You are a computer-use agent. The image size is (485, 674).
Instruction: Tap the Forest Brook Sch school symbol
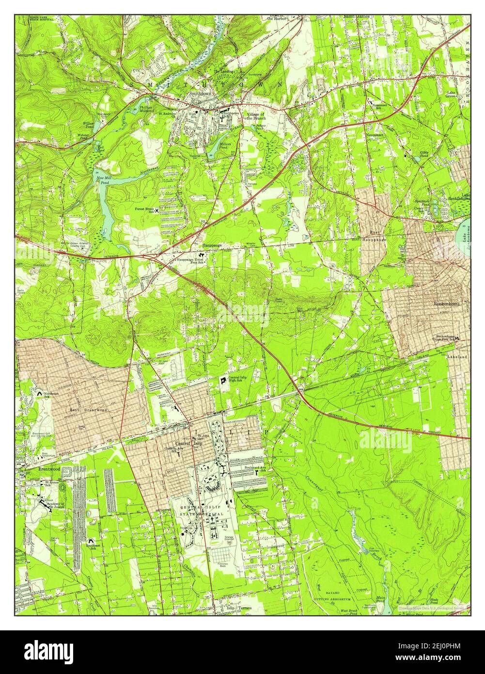pyautogui.click(x=156, y=210)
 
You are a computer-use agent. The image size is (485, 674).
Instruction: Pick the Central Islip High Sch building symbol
pyautogui.click(x=223, y=381)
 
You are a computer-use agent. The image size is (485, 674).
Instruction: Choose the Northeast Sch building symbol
pyautogui.click(x=38, y=395)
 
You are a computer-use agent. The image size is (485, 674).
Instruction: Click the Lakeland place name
pyautogui.click(x=457, y=356)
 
